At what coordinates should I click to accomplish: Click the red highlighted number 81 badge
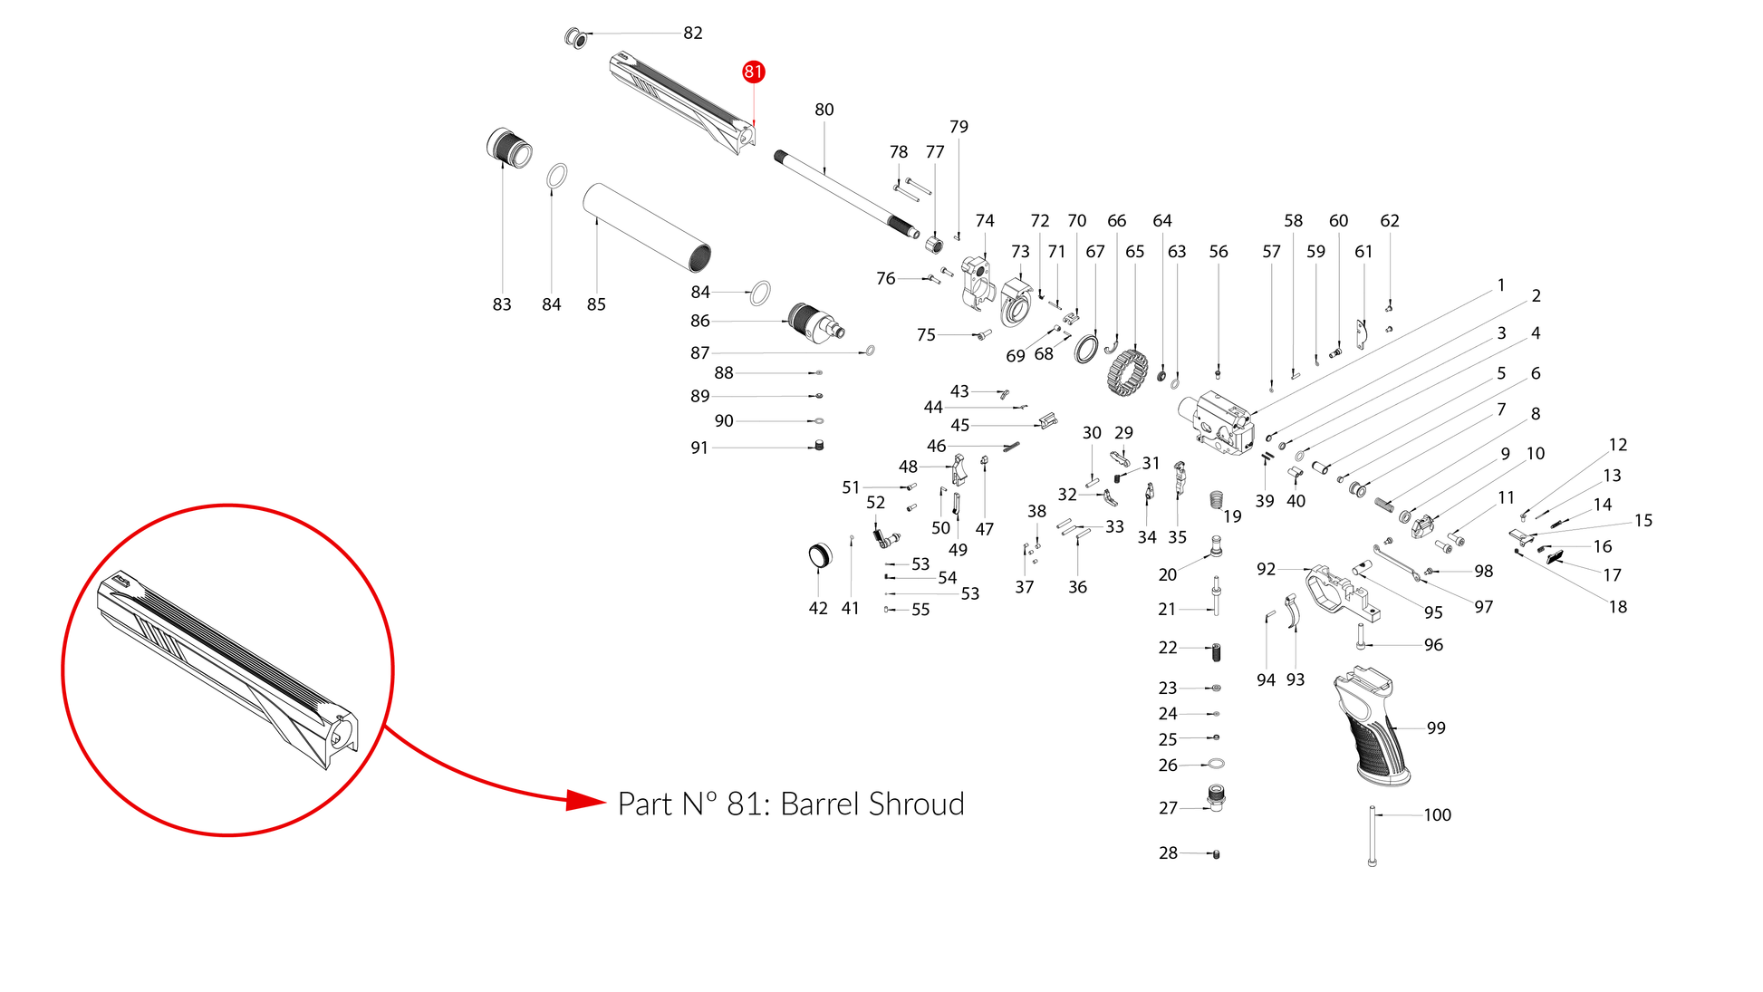[x=753, y=72]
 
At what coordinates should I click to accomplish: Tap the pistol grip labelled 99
[x=1371, y=725]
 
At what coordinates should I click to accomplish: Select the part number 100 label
[x=1437, y=815]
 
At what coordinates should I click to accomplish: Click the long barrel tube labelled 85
[x=646, y=227]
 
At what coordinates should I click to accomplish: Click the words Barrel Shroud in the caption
[x=872, y=804]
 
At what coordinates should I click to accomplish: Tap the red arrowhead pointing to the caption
[x=585, y=800]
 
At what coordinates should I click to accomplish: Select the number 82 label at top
[x=693, y=33]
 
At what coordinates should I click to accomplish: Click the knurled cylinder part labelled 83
[x=509, y=148]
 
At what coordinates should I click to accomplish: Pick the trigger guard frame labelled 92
[x=1341, y=593]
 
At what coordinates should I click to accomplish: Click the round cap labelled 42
[x=819, y=555]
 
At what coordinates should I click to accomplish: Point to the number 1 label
[x=1501, y=285]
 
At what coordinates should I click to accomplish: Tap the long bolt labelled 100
[x=1372, y=836]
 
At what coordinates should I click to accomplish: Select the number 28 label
[x=1168, y=853]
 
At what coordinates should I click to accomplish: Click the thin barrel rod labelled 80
[x=846, y=195]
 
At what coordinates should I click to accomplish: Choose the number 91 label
[x=699, y=448]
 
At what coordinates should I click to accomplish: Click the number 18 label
[x=1618, y=607]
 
